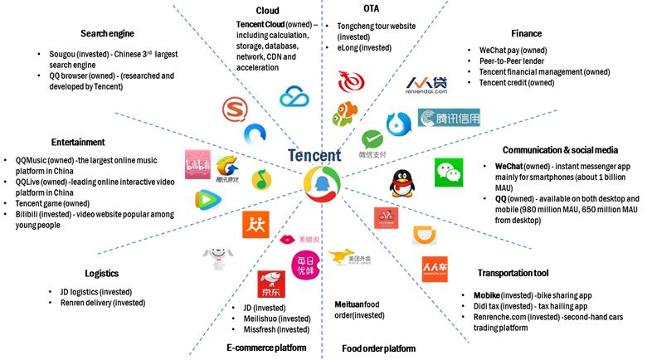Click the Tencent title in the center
click(314, 155)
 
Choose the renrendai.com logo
click(426, 86)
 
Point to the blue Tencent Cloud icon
click(294, 97)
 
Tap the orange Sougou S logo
click(236, 109)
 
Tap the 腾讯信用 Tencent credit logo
click(449, 119)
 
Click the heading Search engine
click(107, 34)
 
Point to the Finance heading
click(526, 34)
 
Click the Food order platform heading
click(375, 348)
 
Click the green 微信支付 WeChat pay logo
click(372, 142)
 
